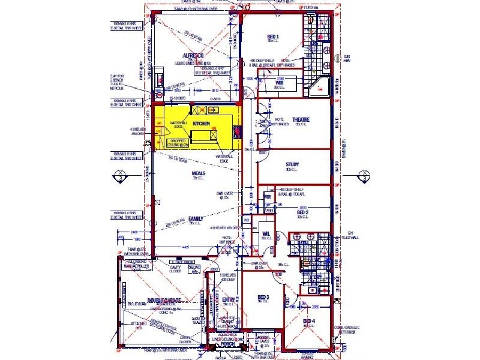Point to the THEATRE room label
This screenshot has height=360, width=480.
click(x=301, y=121)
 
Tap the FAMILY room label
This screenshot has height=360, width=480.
click(x=195, y=218)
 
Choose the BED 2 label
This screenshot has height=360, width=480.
click(x=303, y=212)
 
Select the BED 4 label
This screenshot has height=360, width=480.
click(x=309, y=322)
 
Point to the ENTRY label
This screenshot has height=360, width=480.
click(x=229, y=299)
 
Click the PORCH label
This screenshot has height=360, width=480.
click(x=227, y=344)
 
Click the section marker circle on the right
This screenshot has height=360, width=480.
click(x=364, y=176)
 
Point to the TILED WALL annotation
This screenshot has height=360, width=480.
click(x=350, y=235)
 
